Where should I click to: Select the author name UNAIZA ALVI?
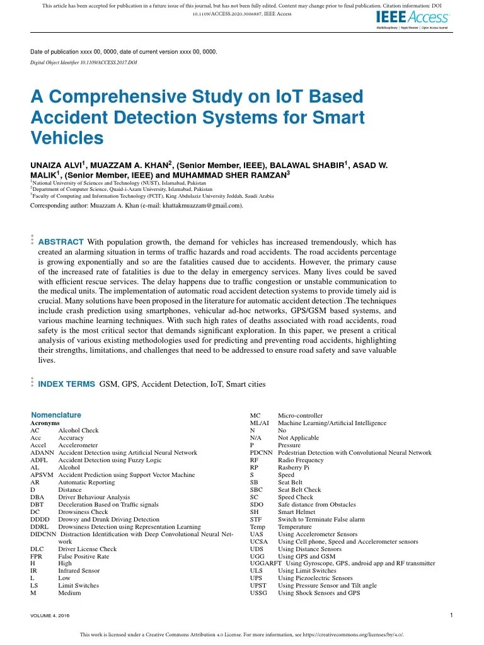58,166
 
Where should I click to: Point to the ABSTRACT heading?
60,242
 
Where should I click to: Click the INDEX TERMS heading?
67,384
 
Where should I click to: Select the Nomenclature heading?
56,415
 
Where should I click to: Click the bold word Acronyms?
44,423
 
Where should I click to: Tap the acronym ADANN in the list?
42,452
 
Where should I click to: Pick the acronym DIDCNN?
43,534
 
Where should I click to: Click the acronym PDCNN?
261,452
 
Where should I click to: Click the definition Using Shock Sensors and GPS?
319,593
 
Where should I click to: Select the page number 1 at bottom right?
452,615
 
